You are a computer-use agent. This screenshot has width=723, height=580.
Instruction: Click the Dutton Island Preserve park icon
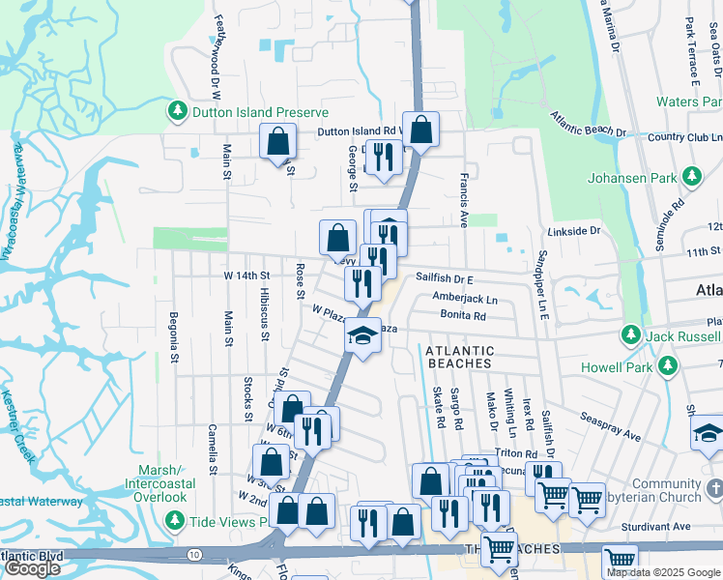pos(178,112)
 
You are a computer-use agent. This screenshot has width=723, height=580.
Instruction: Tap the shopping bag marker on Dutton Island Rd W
pos(421,129)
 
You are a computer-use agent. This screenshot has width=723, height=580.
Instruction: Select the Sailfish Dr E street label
pos(448,276)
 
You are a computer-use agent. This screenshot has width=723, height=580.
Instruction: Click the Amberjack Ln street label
pos(465,299)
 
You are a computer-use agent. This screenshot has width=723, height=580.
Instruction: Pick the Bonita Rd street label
pos(463,316)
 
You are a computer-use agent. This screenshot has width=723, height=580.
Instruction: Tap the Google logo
pos(32,568)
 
